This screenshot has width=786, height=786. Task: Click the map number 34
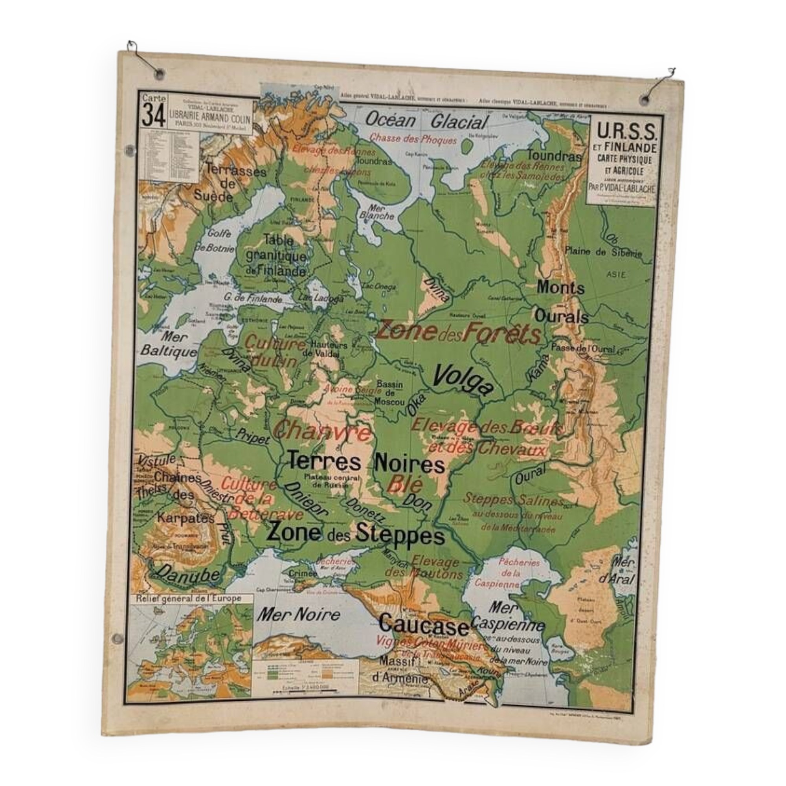[153, 116]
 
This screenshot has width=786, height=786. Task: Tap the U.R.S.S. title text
[626, 131]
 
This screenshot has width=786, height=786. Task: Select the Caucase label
[423, 625]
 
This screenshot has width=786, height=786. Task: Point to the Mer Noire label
[298, 614]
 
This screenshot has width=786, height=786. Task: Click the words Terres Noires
[366, 463]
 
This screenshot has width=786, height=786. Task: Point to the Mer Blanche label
[376, 212]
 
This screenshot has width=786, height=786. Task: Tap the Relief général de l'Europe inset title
[188, 599]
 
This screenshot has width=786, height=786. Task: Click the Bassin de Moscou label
[390, 393]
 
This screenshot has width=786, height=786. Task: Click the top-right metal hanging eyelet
[645, 99]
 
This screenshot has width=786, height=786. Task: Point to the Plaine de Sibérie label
[603, 252]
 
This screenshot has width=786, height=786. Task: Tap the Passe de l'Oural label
[582, 348]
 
